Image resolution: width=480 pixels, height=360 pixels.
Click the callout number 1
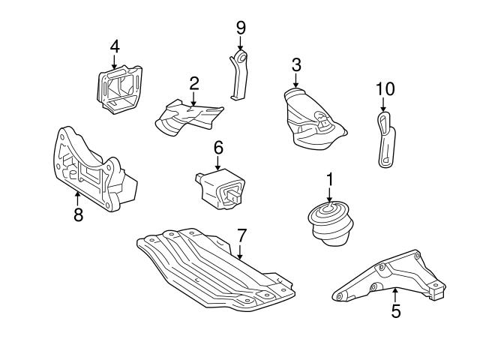click(x=329, y=179)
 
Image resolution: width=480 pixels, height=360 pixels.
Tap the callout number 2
click(x=193, y=82)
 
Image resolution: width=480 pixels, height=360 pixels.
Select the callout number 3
click(x=296, y=64)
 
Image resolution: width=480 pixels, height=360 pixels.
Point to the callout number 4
click(x=114, y=46)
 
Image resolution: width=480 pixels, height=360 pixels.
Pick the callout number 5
click(x=395, y=311)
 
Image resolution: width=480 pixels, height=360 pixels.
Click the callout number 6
click(x=218, y=148)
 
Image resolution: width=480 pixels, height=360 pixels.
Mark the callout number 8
click(x=78, y=215)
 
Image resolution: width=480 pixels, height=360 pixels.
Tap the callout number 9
click(x=241, y=28)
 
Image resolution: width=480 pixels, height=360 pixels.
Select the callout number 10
click(x=385, y=88)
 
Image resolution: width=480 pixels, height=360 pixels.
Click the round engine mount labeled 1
click(x=329, y=223)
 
